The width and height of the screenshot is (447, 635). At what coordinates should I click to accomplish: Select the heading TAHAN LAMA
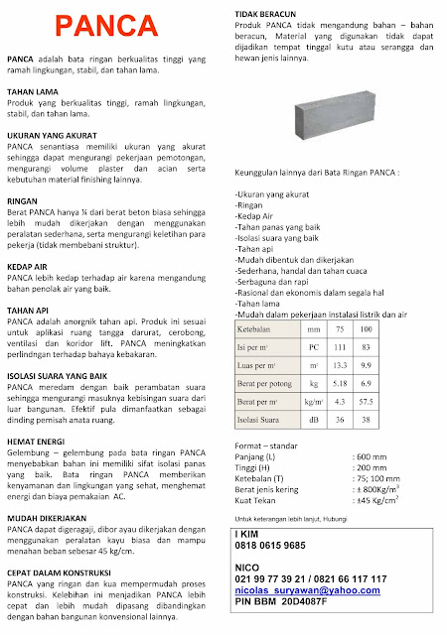tap(34, 90)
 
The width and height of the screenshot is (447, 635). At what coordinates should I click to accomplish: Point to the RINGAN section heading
tap(23, 198)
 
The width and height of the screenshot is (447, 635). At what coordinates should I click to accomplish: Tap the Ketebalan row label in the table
tap(256, 328)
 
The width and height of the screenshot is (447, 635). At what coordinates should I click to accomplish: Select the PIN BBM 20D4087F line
tap(283, 601)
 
